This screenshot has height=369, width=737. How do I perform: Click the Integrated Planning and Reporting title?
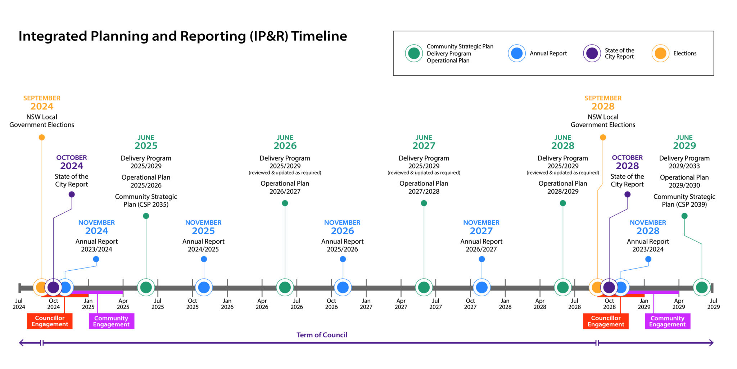point(182,36)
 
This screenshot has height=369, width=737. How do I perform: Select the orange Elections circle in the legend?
point(660,53)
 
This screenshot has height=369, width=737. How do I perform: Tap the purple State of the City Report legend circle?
point(592,53)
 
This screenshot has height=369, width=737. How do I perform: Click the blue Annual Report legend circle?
point(517,53)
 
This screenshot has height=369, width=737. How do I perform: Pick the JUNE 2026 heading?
point(285,142)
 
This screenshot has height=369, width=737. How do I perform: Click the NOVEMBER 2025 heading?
point(203,227)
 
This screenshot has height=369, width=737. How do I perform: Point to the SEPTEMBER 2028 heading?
point(603,103)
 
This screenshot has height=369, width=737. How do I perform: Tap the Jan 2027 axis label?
point(366,304)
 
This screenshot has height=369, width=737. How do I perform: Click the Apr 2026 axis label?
point(262,304)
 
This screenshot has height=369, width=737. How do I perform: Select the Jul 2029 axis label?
point(713,304)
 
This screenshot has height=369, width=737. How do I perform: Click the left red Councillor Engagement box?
point(50,321)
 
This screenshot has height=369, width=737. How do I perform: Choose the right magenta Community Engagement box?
point(667,321)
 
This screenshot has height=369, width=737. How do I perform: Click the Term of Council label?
point(322,335)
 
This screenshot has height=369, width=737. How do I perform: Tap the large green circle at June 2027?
point(424,287)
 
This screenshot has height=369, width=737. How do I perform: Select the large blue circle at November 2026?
point(343,287)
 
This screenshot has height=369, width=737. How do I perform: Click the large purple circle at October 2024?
point(53,287)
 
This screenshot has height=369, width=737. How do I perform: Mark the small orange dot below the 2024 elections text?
point(42,137)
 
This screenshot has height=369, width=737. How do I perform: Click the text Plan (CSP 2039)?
point(684,204)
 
